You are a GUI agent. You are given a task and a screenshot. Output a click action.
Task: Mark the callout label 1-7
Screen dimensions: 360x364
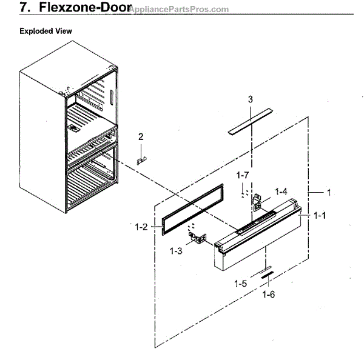tap(243, 175)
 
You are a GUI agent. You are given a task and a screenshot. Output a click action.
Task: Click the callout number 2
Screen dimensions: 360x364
tap(140, 136)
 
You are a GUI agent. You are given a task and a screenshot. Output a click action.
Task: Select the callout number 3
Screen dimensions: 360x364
tap(250, 99)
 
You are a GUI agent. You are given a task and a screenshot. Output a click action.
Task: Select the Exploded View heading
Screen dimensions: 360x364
tap(45, 30)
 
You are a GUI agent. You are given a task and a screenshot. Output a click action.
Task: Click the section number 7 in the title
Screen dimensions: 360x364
tap(24, 8)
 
